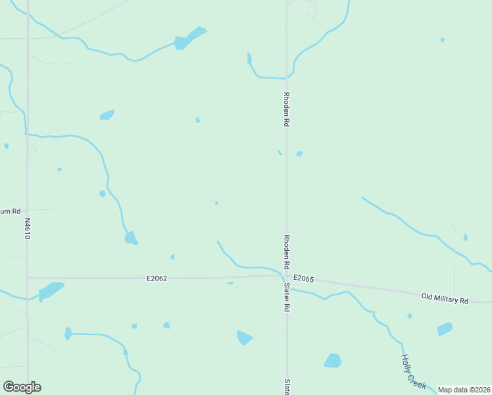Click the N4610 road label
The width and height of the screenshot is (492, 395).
[x=27, y=228]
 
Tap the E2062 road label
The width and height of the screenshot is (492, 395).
[x=157, y=278]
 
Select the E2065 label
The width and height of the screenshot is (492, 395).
[x=303, y=279]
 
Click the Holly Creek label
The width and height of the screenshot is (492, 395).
[x=414, y=372]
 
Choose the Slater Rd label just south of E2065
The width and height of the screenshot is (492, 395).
[x=287, y=297]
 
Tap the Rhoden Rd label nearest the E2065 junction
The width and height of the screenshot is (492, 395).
[x=287, y=251]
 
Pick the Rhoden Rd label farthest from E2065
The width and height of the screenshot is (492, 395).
[x=287, y=109]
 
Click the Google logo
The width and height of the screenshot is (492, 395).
[x=22, y=387]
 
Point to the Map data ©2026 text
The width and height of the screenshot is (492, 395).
[x=463, y=390]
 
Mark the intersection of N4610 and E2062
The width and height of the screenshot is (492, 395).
[x=28, y=278]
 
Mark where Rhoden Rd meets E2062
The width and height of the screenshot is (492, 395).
[x=286, y=276]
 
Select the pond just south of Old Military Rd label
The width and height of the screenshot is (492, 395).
[x=445, y=329]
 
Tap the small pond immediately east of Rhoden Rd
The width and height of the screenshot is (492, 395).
[x=299, y=154]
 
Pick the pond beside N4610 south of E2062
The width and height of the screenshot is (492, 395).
[x=50, y=290]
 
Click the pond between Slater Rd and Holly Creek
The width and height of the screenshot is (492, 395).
[x=333, y=361]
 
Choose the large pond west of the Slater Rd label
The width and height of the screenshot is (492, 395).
[x=244, y=338]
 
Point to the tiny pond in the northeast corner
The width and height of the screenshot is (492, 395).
[x=442, y=40]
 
